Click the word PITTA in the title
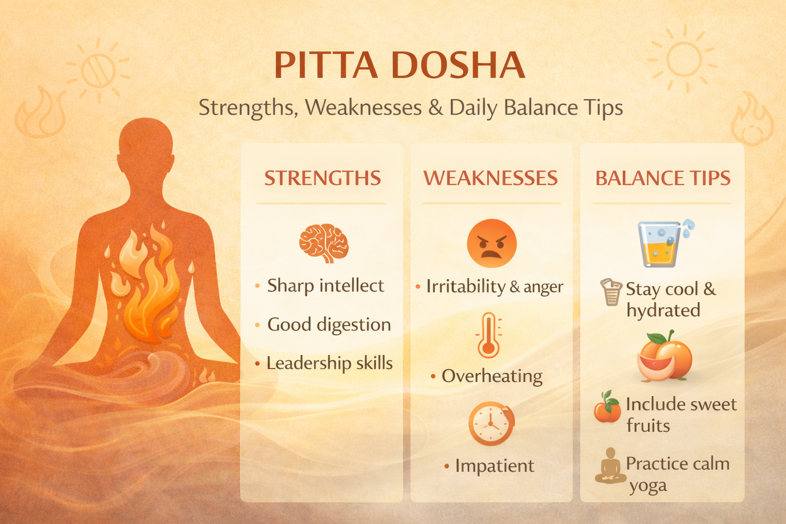[325, 65]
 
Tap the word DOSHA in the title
[458, 65]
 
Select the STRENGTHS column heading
[322, 178]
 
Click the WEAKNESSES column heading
[491, 178]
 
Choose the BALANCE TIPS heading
[663, 178]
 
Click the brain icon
[324, 243]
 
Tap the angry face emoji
[492, 244]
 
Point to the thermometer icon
[489, 335]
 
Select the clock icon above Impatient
[491, 424]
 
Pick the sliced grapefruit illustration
[664, 357]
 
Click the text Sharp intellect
[325, 286]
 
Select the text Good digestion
[329, 324]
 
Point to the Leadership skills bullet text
[330, 363]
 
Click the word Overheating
[492, 376]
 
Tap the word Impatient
[495, 466]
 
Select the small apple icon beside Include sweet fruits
[607, 407]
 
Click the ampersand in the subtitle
[435, 107]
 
